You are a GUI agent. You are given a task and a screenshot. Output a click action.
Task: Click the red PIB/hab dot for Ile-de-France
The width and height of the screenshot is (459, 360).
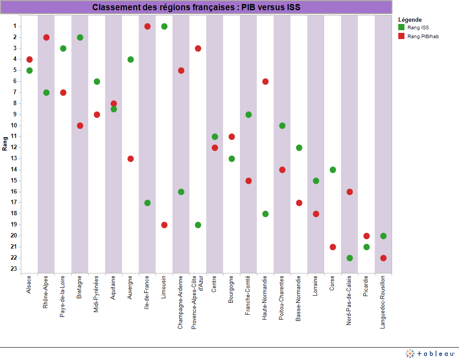pos(147,27)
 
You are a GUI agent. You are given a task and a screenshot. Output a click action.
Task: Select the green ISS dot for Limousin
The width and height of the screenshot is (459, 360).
pos(164,27)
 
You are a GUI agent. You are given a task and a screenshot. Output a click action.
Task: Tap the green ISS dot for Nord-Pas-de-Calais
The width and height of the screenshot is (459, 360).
pos(349,258)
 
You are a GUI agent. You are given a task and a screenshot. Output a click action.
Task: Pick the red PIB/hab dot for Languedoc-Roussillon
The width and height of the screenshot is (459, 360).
pos(383,258)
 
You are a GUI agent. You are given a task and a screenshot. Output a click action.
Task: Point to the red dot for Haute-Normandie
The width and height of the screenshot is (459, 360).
pos(265,82)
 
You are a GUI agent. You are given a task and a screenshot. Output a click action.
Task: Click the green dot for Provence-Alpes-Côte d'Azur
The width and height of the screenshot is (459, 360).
pos(198,225)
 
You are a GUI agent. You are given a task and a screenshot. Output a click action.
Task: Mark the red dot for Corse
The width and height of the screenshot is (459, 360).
pos(333,247)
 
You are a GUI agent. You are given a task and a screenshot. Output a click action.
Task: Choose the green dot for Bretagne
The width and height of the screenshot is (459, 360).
pos(80,37)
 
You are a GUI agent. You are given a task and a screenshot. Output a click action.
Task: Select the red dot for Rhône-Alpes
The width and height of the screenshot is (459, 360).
pos(46,37)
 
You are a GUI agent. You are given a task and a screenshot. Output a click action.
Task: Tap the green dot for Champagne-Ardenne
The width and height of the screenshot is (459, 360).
pos(181,192)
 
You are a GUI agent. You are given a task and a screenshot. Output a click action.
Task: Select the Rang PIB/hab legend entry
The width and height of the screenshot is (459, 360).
pos(422,36)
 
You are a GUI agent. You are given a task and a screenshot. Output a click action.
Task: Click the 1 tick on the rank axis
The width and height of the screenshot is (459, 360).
pos(15,26)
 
